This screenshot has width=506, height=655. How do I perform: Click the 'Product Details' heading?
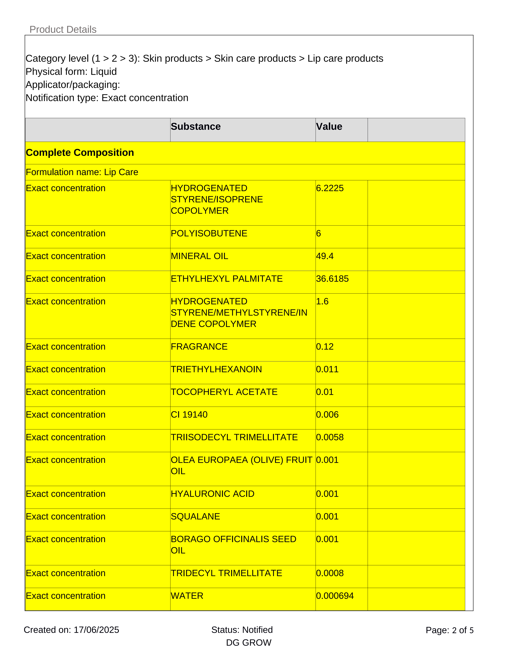click(x=63, y=29)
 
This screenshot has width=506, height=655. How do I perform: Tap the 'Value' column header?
click(x=329, y=127)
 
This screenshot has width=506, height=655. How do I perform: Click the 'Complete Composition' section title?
click(x=80, y=153)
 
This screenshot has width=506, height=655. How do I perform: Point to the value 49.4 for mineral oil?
click(x=325, y=256)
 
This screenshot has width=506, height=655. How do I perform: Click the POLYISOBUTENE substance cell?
click(x=209, y=233)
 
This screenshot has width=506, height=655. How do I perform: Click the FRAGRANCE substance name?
click(x=199, y=347)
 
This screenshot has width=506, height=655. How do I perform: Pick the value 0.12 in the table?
click(x=325, y=347)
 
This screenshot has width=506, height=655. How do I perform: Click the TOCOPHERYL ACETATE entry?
click(x=224, y=392)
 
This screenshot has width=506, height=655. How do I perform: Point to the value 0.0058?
click(x=330, y=437)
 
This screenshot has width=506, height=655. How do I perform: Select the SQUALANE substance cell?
click(x=195, y=516)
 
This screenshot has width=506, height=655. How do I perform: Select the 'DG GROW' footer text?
click(x=249, y=643)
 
